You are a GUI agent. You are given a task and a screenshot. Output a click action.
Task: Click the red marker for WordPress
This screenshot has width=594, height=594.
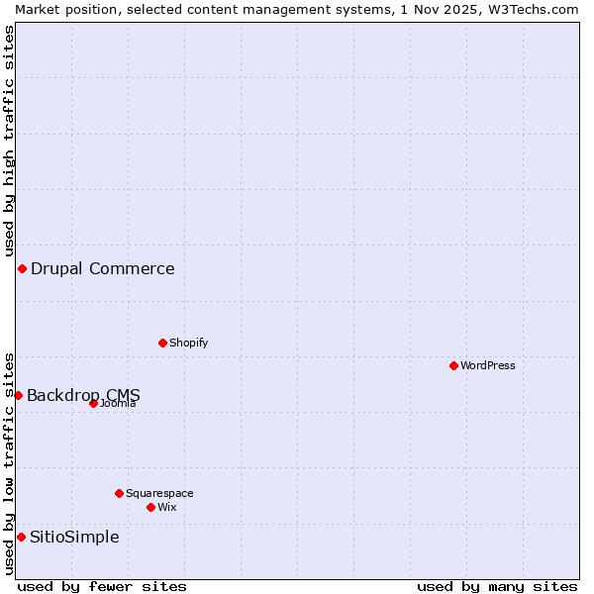(453, 365)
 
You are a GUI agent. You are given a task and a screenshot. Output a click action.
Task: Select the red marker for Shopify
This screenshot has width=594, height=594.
(162, 343)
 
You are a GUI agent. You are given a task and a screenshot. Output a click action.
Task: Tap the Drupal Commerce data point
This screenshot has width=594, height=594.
(22, 268)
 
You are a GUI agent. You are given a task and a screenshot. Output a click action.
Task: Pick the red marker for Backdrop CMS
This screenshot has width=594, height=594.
(18, 395)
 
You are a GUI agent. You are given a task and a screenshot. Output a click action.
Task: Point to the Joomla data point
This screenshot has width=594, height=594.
(93, 403)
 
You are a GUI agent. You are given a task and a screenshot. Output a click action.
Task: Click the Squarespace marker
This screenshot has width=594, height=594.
(119, 493)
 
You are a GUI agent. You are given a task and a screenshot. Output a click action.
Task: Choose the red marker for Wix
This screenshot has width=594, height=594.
(150, 507)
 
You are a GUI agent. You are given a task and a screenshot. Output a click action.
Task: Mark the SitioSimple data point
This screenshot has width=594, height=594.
(21, 537)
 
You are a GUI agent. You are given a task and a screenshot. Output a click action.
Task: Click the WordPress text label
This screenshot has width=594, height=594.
(488, 365)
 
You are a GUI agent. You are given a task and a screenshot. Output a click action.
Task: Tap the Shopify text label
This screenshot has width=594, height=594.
(188, 343)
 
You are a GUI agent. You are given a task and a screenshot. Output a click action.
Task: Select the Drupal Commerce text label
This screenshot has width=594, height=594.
(103, 268)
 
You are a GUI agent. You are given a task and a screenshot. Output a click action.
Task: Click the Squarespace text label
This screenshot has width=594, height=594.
(159, 493)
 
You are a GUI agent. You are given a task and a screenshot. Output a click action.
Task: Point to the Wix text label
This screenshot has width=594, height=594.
(167, 507)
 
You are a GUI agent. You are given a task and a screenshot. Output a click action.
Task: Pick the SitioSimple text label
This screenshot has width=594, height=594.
(74, 537)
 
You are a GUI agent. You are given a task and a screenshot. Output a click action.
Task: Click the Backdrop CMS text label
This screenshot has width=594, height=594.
(83, 395)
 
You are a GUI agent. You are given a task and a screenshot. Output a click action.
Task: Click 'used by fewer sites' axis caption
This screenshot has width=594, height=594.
(102, 586)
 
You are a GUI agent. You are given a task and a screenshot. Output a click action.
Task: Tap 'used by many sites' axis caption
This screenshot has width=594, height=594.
(497, 586)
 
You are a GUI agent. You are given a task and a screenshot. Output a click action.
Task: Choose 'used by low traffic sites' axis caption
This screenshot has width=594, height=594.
(9, 462)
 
